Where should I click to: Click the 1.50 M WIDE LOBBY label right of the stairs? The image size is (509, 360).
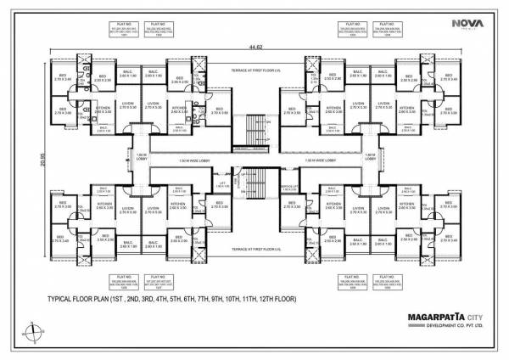tap(322, 160)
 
